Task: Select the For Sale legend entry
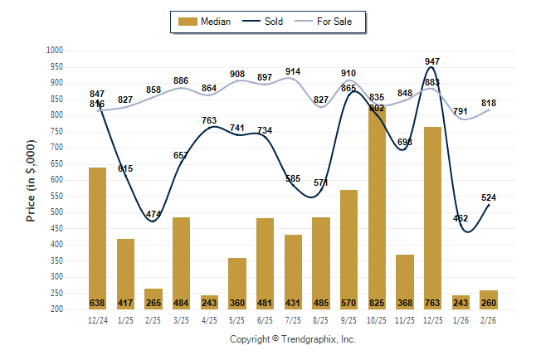click(329, 22)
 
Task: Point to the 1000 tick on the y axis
click(55, 51)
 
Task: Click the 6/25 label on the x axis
click(265, 319)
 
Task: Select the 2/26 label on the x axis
click(488, 319)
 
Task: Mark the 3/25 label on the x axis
click(181, 319)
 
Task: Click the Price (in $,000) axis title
click(32, 179)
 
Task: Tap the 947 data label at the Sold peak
click(432, 62)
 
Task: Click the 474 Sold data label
click(153, 215)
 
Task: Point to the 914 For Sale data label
click(293, 72)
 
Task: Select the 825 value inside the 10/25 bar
click(377, 302)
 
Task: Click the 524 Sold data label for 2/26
click(488, 197)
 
